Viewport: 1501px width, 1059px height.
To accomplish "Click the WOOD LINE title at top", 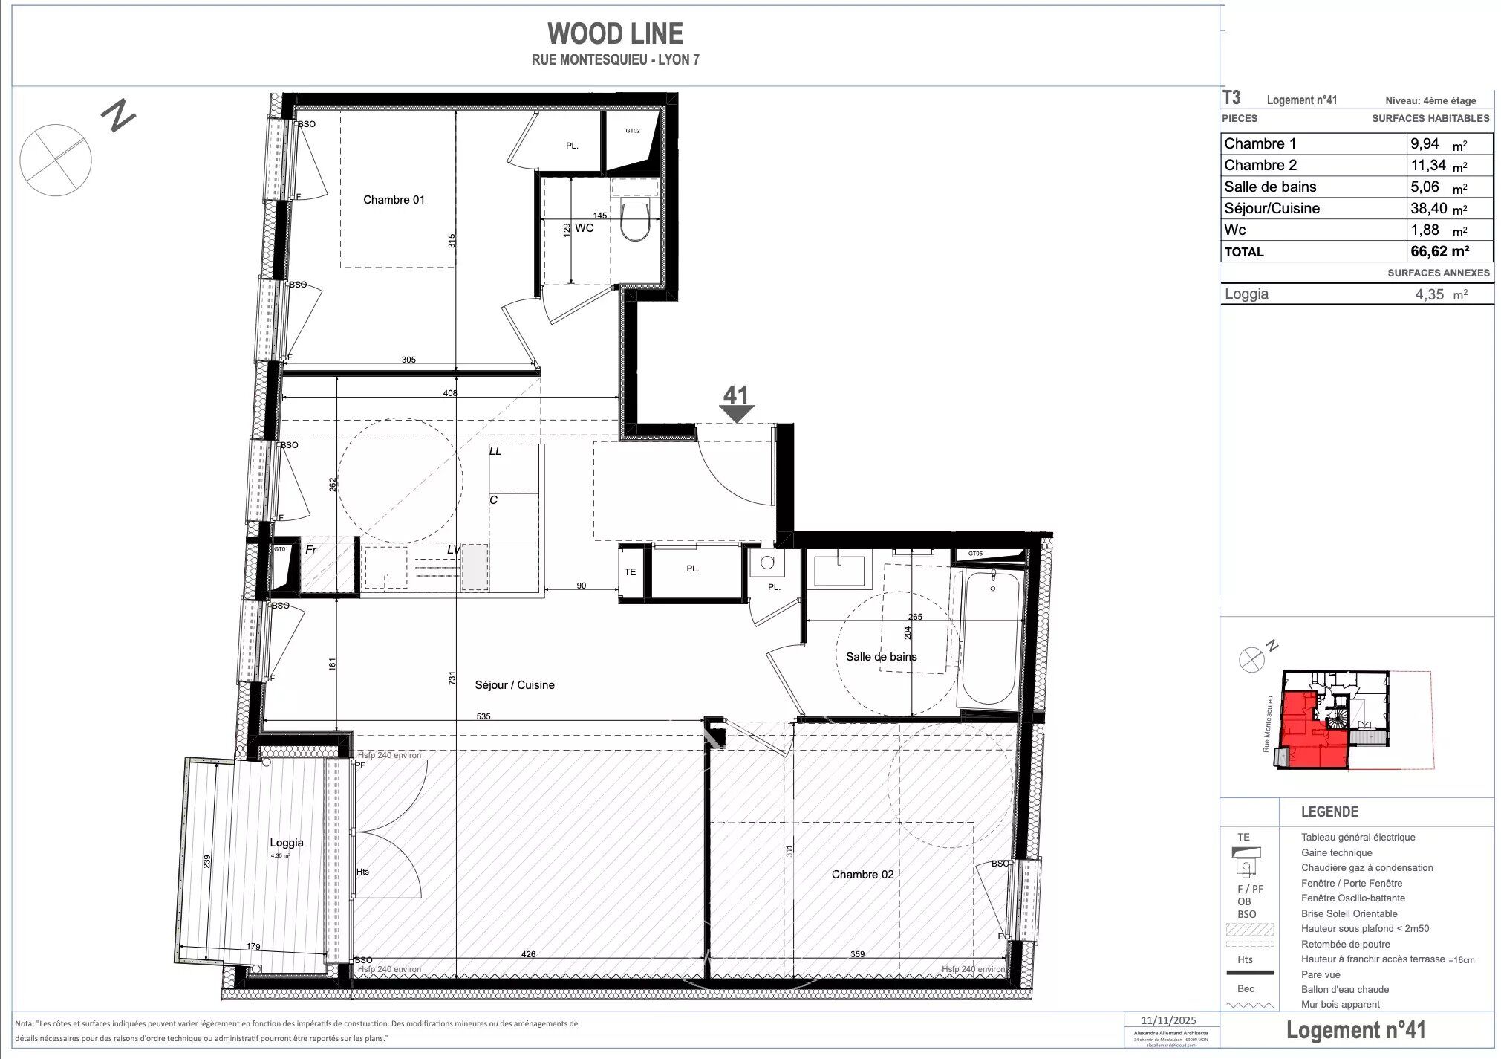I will pyautogui.click(x=615, y=34).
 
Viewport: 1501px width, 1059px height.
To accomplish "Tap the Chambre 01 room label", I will pyautogui.click(x=394, y=199).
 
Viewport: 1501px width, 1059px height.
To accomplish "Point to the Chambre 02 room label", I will pyautogui.click(x=862, y=875).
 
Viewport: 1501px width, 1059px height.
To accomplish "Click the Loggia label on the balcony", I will pyautogui.click(x=287, y=843).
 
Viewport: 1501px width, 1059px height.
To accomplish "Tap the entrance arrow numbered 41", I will pyautogui.click(x=735, y=404).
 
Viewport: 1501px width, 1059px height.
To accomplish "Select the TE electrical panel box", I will pyautogui.click(x=630, y=572).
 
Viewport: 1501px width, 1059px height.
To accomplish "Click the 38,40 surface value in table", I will pyautogui.click(x=1428, y=209).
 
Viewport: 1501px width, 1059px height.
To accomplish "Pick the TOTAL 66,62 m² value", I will pyautogui.click(x=1439, y=251).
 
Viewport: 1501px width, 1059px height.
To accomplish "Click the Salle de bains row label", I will pyautogui.click(x=1270, y=187).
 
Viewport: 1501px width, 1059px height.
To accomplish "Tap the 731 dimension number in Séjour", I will pyautogui.click(x=452, y=678).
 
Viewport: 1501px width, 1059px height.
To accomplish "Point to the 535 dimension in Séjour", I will pyautogui.click(x=483, y=717).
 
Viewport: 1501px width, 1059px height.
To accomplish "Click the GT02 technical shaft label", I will pyautogui.click(x=632, y=131).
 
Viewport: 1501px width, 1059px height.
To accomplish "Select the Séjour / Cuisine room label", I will pyautogui.click(x=515, y=685).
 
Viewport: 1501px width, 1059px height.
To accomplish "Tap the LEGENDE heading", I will pyautogui.click(x=1329, y=812).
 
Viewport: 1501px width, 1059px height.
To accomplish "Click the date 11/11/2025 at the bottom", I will pyautogui.click(x=1169, y=1020).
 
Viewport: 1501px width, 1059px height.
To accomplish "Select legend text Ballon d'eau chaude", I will pyautogui.click(x=1344, y=989).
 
